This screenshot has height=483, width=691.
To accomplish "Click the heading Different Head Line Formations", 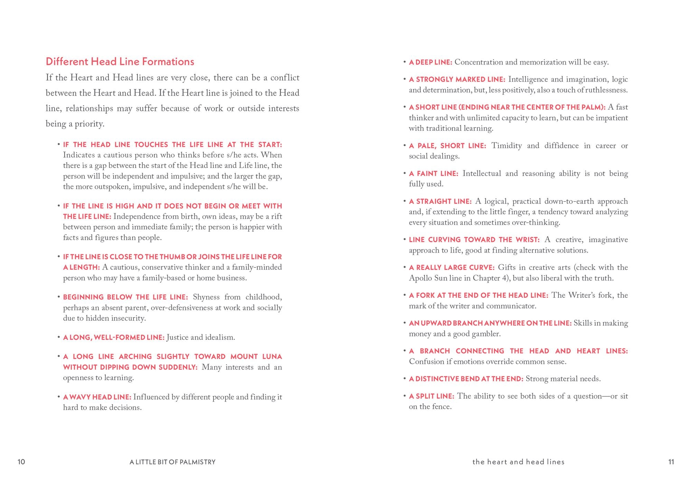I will pyautogui.click(x=120, y=62).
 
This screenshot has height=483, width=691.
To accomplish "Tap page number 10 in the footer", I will pyautogui.click(x=21, y=462).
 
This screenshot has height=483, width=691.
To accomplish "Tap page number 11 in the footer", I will pyautogui.click(x=671, y=462).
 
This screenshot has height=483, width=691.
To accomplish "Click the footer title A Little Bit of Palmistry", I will pyautogui.click(x=172, y=462).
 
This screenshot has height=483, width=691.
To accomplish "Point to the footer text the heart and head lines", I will pyautogui.click(x=518, y=462).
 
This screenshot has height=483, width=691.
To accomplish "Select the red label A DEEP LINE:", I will pyautogui.click(x=430, y=62).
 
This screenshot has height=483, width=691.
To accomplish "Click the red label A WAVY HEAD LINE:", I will pyautogui.click(x=97, y=397).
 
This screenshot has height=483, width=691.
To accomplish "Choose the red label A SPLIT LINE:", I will pyautogui.click(x=432, y=396).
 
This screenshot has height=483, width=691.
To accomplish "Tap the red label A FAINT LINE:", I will pyautogui.click(x=434, y=174).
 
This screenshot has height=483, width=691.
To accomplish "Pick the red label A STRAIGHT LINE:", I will pyautogui.click(x=440, y=201).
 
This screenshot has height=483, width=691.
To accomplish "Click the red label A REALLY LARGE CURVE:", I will pyautogui.click(x=452, y=267).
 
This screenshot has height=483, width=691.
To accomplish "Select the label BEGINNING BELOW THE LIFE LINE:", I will pyautogui.click(x=125, y=297).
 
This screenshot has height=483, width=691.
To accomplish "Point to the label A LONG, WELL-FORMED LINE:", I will pyautogui.click(x=114, y=337).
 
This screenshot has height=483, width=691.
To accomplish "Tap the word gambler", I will pyautogui.click(x=488, y=334).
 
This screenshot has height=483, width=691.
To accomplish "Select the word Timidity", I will pyautogui.click(x=507, y=146).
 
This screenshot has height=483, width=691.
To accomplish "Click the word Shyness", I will pyautogui.click(x=206, y=297).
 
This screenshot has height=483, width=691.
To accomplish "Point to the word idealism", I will pyautogui.click(x=220, y=337).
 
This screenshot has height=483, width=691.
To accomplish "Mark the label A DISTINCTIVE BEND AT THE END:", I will pyautogui.click(x=466, y=379).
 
